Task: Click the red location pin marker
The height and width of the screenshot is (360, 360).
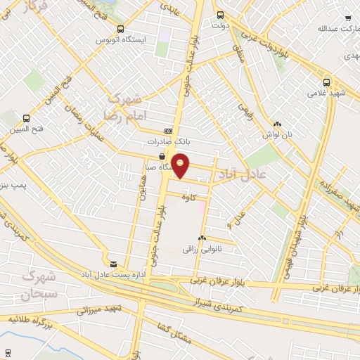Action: click(x=181, y=165)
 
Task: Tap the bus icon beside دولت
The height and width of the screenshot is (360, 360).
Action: click(x=220, y=15)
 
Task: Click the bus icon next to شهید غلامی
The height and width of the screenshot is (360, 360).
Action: click(x=326, y=82)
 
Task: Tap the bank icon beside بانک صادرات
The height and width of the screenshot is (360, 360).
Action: click(x=167, y=131)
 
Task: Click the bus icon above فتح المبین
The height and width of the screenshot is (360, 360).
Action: click(x=27, y=118)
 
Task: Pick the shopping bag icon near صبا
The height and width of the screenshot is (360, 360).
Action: click(x=162, y=157)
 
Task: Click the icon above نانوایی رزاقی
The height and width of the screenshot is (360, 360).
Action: click(x=202, y=238)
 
